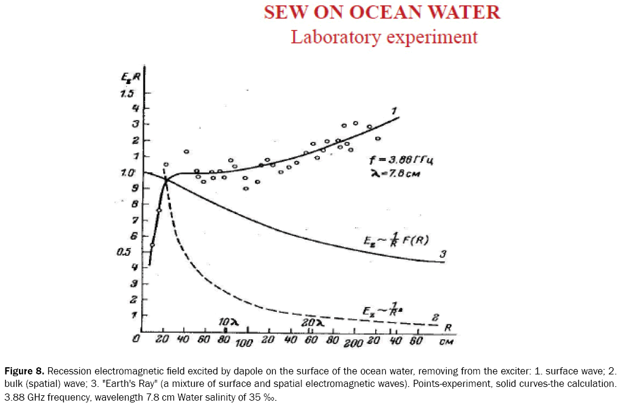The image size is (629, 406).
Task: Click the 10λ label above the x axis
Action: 228,323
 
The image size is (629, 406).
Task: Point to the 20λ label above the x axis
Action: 312,323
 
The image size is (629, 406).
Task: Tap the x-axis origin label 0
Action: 137,340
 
